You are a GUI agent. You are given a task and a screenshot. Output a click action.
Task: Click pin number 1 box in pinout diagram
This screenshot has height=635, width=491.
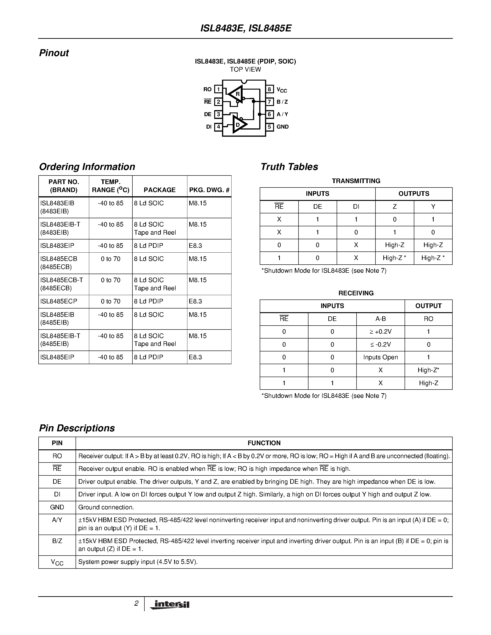click(x=218, y=89)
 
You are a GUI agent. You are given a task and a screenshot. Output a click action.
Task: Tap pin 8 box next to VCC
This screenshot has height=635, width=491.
click(x=269, y=89)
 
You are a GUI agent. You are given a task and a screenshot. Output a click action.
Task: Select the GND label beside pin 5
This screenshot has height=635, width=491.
click(x=282, y=127)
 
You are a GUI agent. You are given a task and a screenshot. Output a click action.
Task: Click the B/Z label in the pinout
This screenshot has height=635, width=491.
click(x=282, y=102)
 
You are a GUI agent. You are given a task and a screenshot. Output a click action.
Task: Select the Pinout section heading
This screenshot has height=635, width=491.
click(x=54, y=53)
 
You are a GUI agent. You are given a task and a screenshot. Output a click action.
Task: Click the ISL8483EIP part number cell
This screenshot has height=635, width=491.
click(x=57, y=246)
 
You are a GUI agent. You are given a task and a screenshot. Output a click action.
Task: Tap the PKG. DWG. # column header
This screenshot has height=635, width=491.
click(x=209, y=190)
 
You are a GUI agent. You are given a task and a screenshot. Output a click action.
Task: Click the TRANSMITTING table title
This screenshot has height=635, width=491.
click(x=356, y=181)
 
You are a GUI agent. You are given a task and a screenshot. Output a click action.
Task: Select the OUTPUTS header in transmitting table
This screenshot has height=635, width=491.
click(x=414, y=194)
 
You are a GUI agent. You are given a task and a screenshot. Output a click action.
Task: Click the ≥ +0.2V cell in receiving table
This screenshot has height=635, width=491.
click(x=381, y=332)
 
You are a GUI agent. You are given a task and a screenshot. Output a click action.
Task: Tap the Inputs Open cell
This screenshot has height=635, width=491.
click(x=381, y=357)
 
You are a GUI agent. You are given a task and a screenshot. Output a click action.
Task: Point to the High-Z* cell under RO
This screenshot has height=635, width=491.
click(x=428, y=370)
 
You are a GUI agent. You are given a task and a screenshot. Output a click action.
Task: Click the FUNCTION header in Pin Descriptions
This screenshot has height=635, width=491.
click(x=264, y=443)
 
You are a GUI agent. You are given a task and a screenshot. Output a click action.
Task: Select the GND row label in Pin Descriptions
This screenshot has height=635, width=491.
click(x=57, y=507)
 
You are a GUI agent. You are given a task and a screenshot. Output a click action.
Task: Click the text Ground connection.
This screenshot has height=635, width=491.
click(x=106, y=507)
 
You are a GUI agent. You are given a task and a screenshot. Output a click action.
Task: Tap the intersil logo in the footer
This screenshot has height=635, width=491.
click(x=170, y=605)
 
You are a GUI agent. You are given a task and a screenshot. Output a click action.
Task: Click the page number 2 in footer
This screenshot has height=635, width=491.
click(x=136, y=604)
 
